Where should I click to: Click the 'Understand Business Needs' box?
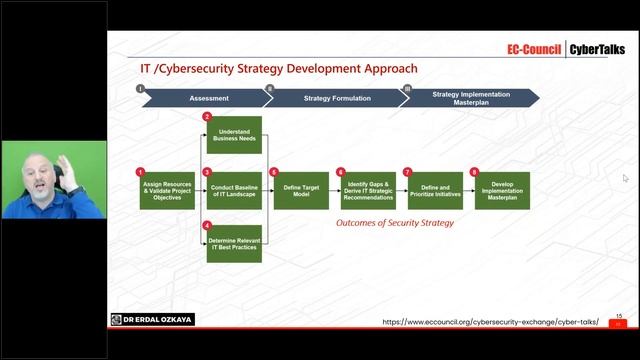click(234, 136)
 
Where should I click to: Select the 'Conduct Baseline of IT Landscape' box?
click(234, 190)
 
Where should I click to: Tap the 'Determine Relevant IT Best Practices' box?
click(234, 243)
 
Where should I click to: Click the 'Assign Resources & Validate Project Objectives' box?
click(167, 190)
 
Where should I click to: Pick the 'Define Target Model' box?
click(301, 190)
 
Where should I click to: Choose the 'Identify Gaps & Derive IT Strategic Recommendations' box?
click(367, 190)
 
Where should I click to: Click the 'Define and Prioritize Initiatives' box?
click(434, 190)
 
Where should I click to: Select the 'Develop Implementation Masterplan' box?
click(502, 190)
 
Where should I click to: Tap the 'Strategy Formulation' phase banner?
click(337, 98)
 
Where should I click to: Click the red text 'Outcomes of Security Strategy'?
click(394, 223)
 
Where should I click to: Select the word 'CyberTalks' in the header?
click(598, 48)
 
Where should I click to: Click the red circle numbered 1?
click(141, 171)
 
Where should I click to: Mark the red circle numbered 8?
click(475, 171)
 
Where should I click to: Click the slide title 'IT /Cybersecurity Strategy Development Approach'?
click(278, 70)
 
